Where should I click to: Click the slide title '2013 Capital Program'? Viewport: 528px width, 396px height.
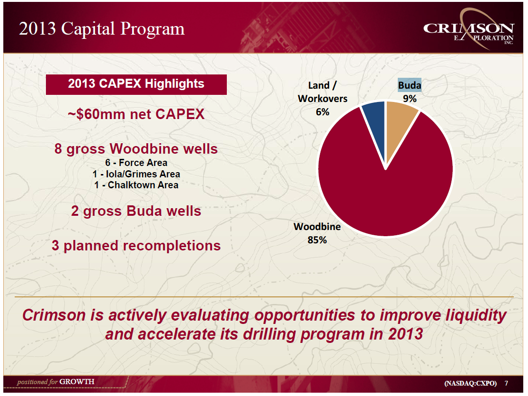click(x=102, y=29)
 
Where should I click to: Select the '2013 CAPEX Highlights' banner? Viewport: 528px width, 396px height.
click(x=136, y=84)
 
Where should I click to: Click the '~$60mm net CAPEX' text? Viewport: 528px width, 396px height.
click(x=136, y=114)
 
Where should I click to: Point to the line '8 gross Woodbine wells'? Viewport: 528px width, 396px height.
click(x=136, y=149)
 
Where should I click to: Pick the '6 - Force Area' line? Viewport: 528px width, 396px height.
click(x=136, y=163)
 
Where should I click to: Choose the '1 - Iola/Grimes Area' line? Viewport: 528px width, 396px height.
click(x=136, y=174)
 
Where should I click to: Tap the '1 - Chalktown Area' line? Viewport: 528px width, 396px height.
click(x=136, y=185)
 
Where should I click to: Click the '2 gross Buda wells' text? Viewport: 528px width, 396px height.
click(x=136, y=211)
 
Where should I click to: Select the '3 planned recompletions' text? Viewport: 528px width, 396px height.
click(x=136, y=246)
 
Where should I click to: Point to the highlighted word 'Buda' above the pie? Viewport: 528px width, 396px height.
click(x=410, y=85)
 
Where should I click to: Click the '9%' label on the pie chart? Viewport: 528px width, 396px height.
click(x=410, y=99)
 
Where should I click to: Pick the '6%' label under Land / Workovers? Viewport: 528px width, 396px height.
click(x=322, y=112)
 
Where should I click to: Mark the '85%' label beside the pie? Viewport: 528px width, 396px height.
click(x=317, y=240)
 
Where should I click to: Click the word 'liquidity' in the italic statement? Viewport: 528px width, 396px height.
click(x=476, y=315)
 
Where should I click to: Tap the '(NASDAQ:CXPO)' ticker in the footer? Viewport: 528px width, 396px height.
click(x=470, y=383)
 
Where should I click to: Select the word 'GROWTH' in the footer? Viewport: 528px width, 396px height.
click(x=77, y=381)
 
